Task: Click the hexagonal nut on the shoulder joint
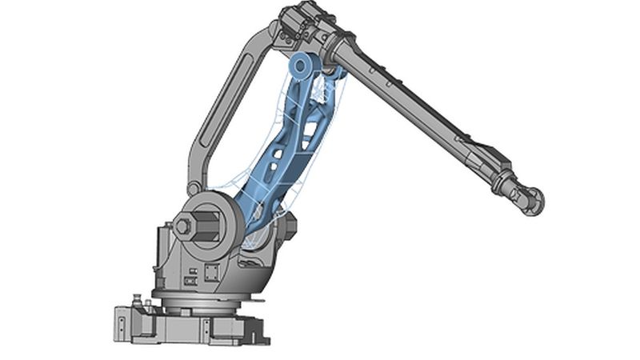(183, 227)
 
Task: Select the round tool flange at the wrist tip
(534, 200)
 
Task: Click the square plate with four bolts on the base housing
(212, 272)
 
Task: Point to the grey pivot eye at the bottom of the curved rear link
(194, 189)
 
